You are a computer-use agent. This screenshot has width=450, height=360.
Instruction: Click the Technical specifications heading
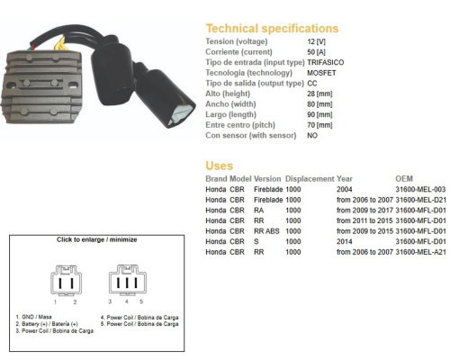[272, 29]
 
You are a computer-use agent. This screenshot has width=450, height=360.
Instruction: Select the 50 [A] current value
[316, 52]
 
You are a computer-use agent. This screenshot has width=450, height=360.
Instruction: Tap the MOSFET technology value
[321, 73]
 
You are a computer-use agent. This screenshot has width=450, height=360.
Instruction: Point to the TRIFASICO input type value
[326, 62]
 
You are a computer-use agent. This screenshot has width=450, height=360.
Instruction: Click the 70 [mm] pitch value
[319, 125]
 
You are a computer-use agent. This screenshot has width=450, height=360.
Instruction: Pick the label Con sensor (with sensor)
[251, 135]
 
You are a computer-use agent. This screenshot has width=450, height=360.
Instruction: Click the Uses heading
[219, 166]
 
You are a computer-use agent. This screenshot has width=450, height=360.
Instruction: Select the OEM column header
[404, 179]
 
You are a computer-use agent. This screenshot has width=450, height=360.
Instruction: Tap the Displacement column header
[310, 179]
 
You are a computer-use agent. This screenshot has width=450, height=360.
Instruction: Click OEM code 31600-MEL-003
[420, 189]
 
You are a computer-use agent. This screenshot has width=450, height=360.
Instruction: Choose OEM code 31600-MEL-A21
[420, 252]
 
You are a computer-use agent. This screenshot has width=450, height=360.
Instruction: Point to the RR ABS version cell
[266, 231]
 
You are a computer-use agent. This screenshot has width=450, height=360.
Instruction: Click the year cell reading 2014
[344, 241]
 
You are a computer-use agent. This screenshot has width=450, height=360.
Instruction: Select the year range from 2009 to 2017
[364, 211]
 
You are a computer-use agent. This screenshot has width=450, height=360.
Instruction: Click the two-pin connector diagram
[66, 281]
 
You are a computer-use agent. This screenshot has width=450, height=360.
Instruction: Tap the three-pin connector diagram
[128, 280]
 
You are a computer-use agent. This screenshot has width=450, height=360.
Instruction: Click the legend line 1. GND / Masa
[33, 317]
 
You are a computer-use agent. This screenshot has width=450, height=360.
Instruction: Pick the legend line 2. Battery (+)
[47, 324]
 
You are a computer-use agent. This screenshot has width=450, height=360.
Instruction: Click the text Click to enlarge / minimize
[97, 239]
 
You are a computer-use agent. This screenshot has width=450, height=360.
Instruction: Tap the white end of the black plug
[180, 114]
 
